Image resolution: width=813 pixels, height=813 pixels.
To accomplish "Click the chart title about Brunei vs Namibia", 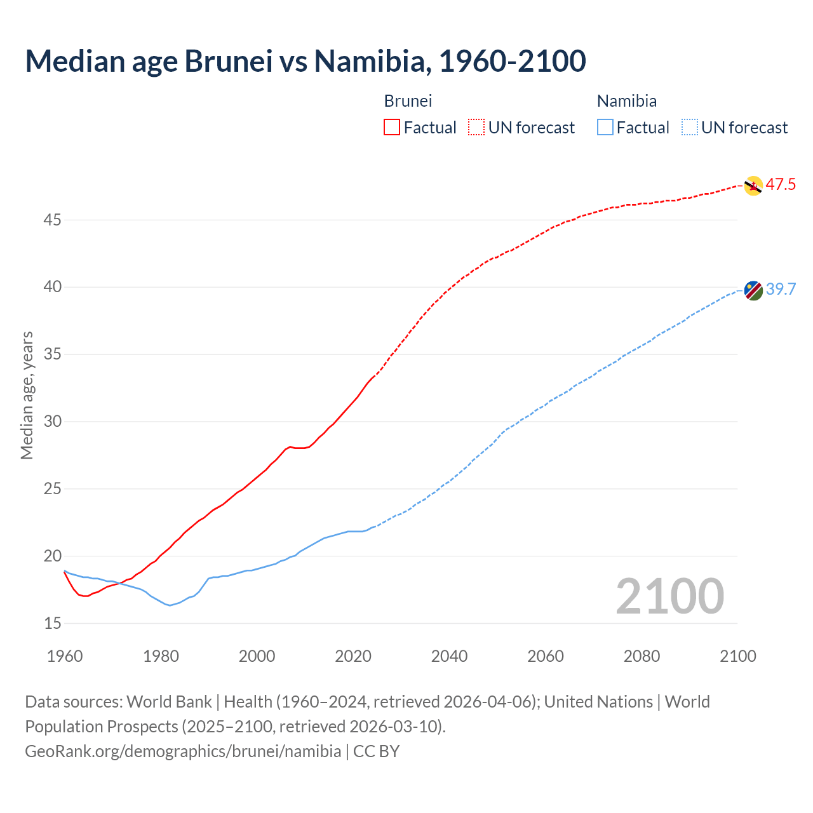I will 305,61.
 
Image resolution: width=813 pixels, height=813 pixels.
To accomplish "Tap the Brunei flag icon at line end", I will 753,185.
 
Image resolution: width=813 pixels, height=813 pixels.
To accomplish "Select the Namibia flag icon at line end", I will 753,290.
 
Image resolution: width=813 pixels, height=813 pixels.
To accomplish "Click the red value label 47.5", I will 781,185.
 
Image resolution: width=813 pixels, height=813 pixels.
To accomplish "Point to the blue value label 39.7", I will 781,290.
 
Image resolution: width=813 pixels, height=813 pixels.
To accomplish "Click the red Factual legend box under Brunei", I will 392,128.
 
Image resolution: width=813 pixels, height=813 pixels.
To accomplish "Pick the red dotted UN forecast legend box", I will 476,128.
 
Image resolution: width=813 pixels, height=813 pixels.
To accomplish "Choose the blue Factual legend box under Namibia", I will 605,128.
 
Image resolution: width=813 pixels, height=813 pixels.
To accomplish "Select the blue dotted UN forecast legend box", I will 689,128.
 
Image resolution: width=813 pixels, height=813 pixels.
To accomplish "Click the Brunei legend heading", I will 408,101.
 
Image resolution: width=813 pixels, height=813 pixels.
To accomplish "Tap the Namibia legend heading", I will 626,101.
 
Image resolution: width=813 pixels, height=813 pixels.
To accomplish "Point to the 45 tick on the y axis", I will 53,220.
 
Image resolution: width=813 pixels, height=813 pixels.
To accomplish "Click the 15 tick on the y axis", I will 53,623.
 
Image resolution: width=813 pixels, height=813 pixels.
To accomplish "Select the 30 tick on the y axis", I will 53,421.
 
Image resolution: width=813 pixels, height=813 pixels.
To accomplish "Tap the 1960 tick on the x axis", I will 65,656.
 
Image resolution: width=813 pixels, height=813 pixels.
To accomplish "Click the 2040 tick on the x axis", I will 449,656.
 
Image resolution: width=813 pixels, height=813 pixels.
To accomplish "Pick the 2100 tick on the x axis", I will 737,656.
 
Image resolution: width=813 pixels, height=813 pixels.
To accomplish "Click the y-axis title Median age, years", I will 27,395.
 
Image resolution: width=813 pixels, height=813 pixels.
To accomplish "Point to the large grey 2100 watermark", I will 669,596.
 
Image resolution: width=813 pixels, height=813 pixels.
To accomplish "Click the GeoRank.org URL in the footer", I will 183,751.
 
